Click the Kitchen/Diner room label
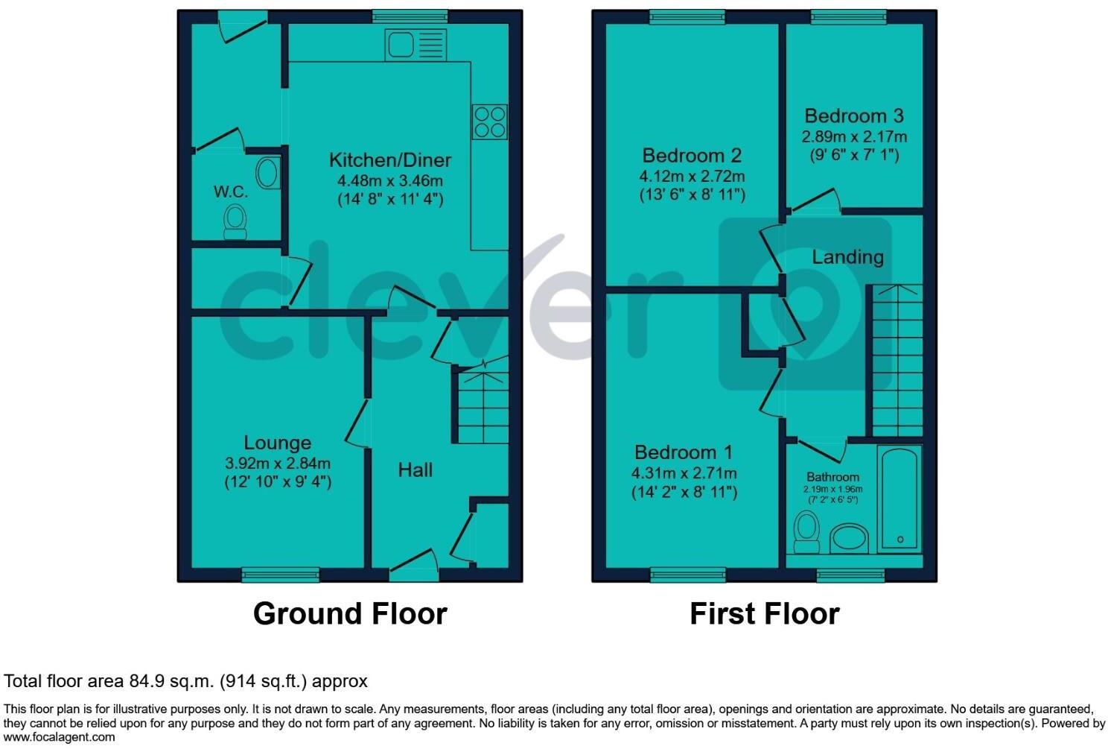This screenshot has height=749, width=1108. (390, 159)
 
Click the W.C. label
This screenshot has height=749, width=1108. (231, 192)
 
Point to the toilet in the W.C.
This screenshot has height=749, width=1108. (235, 221)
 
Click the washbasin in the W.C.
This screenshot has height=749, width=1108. (267, 174)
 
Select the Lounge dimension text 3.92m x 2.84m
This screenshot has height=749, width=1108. (278, 464)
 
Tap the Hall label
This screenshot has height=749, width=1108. (415, 470)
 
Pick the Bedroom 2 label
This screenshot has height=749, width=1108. (692, 156)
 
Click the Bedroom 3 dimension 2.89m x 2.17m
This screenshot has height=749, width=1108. (854, 136)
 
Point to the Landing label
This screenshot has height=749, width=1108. (847, 257)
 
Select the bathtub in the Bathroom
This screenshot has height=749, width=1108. (900, 498)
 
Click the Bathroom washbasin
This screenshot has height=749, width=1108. (849, 538)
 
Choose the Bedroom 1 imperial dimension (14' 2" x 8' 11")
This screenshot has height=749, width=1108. (684, 492)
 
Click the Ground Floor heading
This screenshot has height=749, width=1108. (350, 613)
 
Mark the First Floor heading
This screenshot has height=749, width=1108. (764, 613)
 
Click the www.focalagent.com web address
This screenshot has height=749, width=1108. (60, 737)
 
